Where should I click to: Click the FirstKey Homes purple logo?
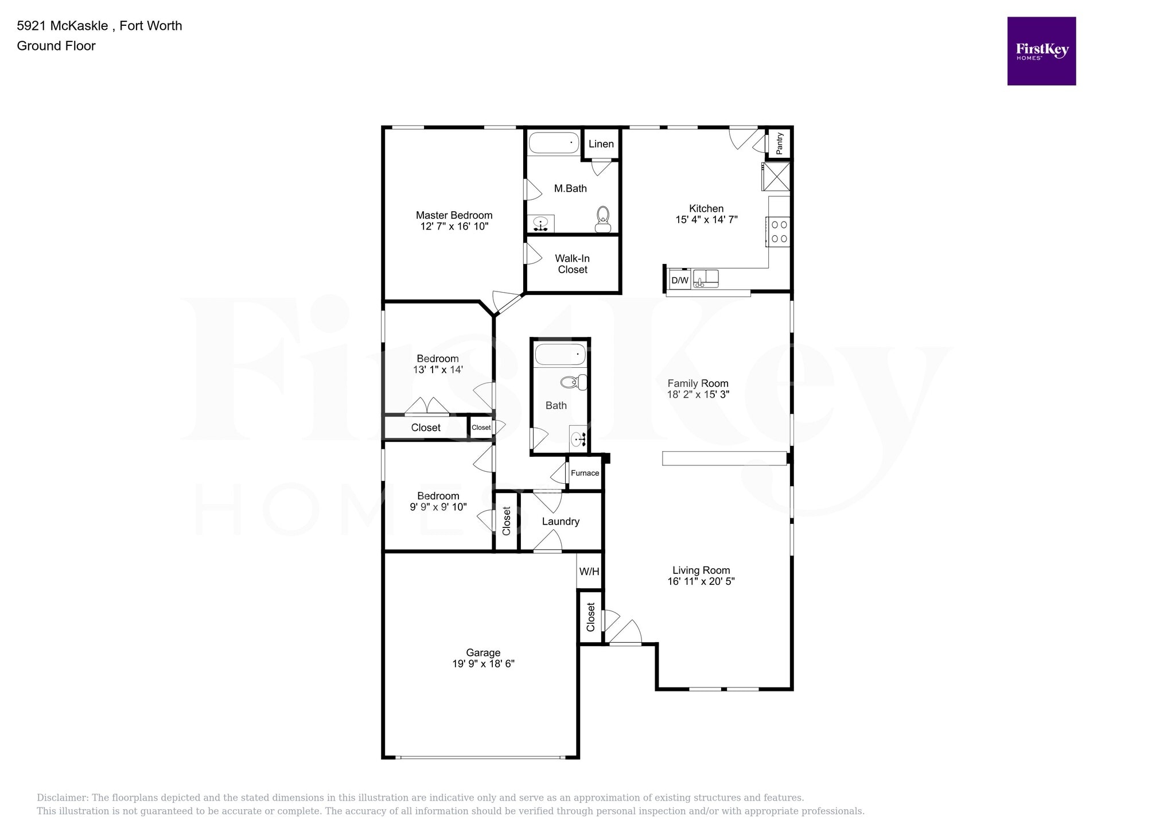click(x=1041, y=51)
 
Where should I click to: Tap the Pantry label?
click(x=779, y=143)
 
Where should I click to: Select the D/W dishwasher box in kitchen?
click(x=679, y=280)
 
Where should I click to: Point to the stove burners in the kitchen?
click(x=779, y=232)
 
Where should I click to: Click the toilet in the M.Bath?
click(x=602, y=219)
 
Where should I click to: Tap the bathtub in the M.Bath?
click(x=554, y=143)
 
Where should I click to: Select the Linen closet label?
click(x=601, y=144)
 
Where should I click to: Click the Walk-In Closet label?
click(x=572, y=264)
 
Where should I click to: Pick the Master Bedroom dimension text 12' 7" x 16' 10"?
click(x=454, y=227)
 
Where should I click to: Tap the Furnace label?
click(x=585, y=473)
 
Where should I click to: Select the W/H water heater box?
click(x=589, y=572)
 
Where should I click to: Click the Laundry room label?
click(x=561, y=522)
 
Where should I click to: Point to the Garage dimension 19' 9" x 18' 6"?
click(x=483, y=664)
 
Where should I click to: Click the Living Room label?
click(x=701, y=570)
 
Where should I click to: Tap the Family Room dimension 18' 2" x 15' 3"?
click(x=698, y=395)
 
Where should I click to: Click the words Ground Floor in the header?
click(x=56, y=46)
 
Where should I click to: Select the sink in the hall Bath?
click(x=578, y=439)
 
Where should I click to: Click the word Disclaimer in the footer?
click(x=62, y=798)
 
